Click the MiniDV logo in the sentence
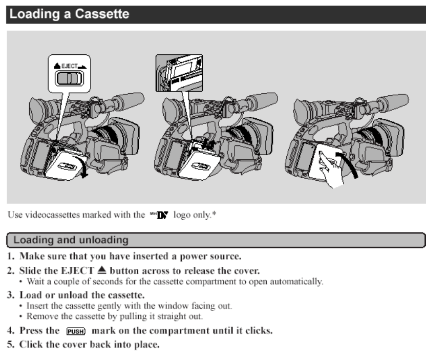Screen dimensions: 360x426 pyautogui.click(x=154, y=214)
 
